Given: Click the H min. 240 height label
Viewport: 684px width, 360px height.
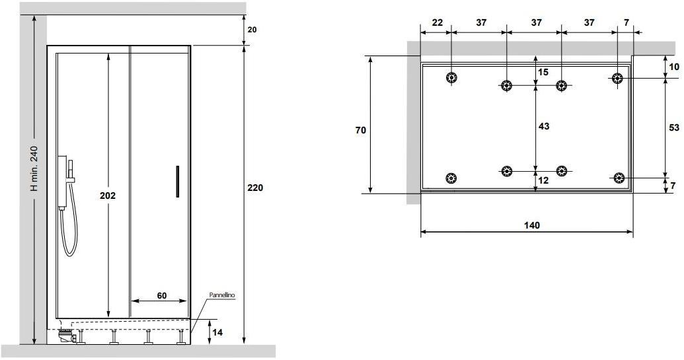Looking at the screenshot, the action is coord(34,168).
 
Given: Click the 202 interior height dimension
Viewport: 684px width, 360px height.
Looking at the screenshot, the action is coord(108,196).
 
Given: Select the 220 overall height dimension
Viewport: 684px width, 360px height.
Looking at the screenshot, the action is coord(255,188).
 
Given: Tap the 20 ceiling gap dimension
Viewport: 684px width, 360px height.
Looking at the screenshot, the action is coord(252,30).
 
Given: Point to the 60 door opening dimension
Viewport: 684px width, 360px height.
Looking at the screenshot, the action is coord(162,295).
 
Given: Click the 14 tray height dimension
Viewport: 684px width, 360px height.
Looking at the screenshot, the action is coord(217,332).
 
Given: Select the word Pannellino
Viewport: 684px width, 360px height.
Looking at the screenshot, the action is coord(222,295).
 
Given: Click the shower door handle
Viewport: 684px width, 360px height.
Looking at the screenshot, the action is coord(178,181).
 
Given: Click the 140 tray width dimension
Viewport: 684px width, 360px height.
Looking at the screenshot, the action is coord(532,225).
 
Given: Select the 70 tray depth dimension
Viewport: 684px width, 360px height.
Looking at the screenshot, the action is coord(360,130).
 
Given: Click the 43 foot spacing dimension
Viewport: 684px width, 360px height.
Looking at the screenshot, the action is coord(543,126).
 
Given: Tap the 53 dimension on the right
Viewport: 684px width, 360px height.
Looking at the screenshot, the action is coord(674,127).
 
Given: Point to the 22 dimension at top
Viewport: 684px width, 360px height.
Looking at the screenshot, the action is coord(437,22).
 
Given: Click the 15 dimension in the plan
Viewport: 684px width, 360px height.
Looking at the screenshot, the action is coord(543,73).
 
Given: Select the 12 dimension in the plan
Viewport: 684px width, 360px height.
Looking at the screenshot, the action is coord(543,180).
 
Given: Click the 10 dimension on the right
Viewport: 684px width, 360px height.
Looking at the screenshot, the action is coord(674,67).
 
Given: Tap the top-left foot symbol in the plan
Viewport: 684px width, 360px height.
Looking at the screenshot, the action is coord(451,78).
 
